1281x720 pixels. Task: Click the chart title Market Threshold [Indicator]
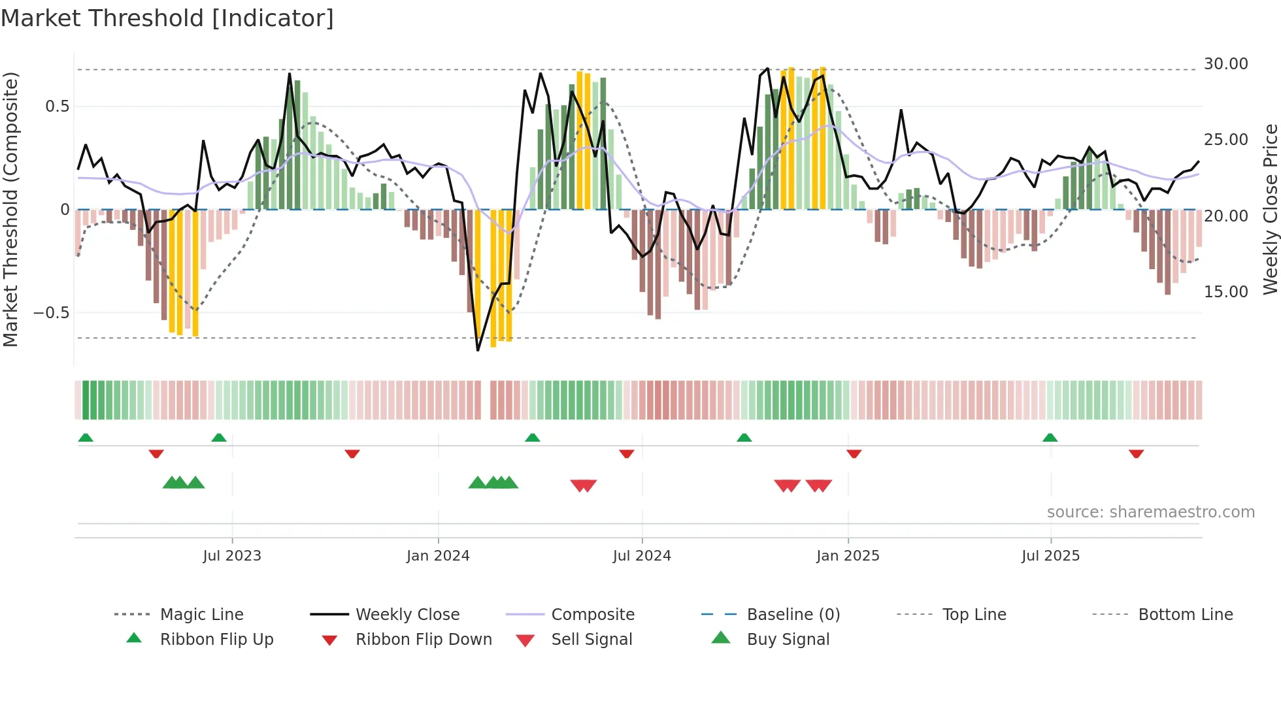pyautogui.click(x=167, y=18)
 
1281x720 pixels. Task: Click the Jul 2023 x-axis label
pyautogui.click(x=232, y=555)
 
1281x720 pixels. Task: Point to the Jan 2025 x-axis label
pyautogui.click(x=848, y=555)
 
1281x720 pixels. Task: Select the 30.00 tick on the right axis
pyautogui.click(x=1225, y=64)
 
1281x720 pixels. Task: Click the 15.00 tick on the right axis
pyautogui.click(x=1225, y=291)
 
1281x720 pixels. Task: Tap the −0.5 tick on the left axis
pyautogui.click(x=51, y=312)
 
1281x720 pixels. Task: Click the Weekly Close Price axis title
pyautogui.click(x=1270, y=209)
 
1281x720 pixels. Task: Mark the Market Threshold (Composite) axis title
pyautogui.click(x=10, y=209)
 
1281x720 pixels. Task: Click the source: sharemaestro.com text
pyautogui.click(x=1150, y=512)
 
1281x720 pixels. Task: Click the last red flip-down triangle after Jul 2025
pyautogui.click(x=1136, y=453)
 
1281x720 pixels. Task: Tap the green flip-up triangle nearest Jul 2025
pyautogui.click(x=1050, y=438)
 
